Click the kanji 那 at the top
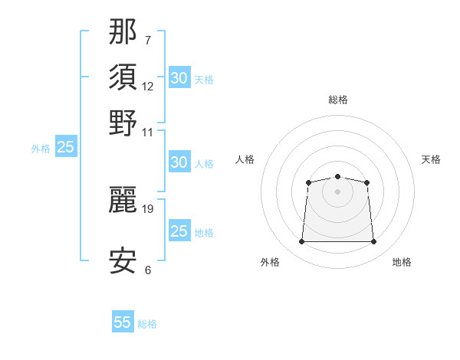pyautogui.click(x=123, y=31)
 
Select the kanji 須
pyautogui.click(x=123, y=77)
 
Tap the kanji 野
pyautogui.click(x=123, y=123)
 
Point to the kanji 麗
pyautogui.click(x=123, y=200)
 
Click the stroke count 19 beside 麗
pyautogui.click(x=147, y=209)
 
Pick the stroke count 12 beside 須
pyautogui.click(x=147, y=87)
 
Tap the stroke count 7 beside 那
pyautogui.click(x=148, y=40)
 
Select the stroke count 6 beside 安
pyautogui.click(x=148, y=270)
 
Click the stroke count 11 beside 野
pyautogui.click(x=147, y=133)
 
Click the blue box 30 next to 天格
pyautogui.click(x=179, y=77)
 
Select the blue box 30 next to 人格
pyautogui.click(x=179, y=162)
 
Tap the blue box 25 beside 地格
pyautogui.click(x=179, y=230)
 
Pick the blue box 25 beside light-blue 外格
pyautogui.click(x=66, y=146)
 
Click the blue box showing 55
pyautogui.click(x=123, y=321)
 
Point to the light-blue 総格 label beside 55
pyautogui.click(x=147, y=324)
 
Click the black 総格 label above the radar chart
pyautogui.click(x=338, y=100)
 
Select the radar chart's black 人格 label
pyautogui.click(x=245, y=159)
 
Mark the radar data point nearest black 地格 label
pyautogui.click(x=373, y=241)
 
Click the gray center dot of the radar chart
pyautogui.click(x=337, y=191)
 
